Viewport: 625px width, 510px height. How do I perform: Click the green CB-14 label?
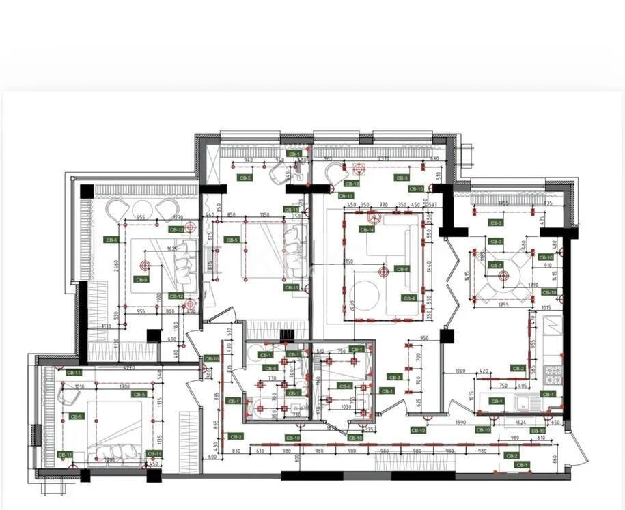pyautogui.click(x=367, y=229)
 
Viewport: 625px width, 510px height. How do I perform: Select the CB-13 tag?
pyautogui.click(x=352, y=183)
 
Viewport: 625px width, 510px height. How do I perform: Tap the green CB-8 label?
pyautogui.click(x=402, y=269)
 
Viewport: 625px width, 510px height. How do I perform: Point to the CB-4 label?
pyautogui.click(x=409, y=298)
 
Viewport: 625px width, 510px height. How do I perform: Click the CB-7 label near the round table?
pyautogui.click(x=496, y=265)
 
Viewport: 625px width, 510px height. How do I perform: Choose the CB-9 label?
pyautogui.click(x=141, y=279)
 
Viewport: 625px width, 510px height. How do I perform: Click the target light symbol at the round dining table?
pyautogui.click(x=504, y=277)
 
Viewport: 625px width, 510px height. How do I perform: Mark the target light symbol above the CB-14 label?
pyautogui.click(x=373, y=218)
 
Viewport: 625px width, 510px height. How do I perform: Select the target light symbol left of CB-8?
pyautogui.click(x=384, y=270)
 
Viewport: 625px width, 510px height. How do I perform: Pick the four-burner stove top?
pyautogui.click(x=552, y=373)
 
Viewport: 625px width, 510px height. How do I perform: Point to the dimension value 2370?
pyautogui.click(x=383, y=159)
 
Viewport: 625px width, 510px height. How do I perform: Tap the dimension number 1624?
pyautogui.click(x=521, y=423)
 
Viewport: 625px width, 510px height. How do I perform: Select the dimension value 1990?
pyautogui.click(x=461, y=423)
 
